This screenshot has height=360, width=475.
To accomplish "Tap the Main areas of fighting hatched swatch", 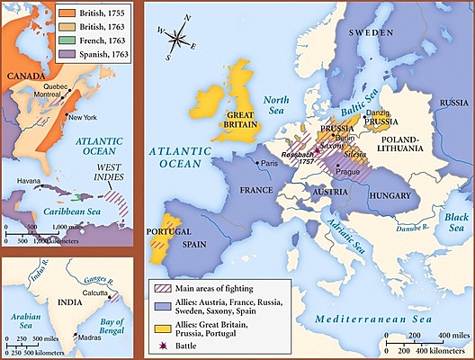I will click(x=163, y=287).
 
